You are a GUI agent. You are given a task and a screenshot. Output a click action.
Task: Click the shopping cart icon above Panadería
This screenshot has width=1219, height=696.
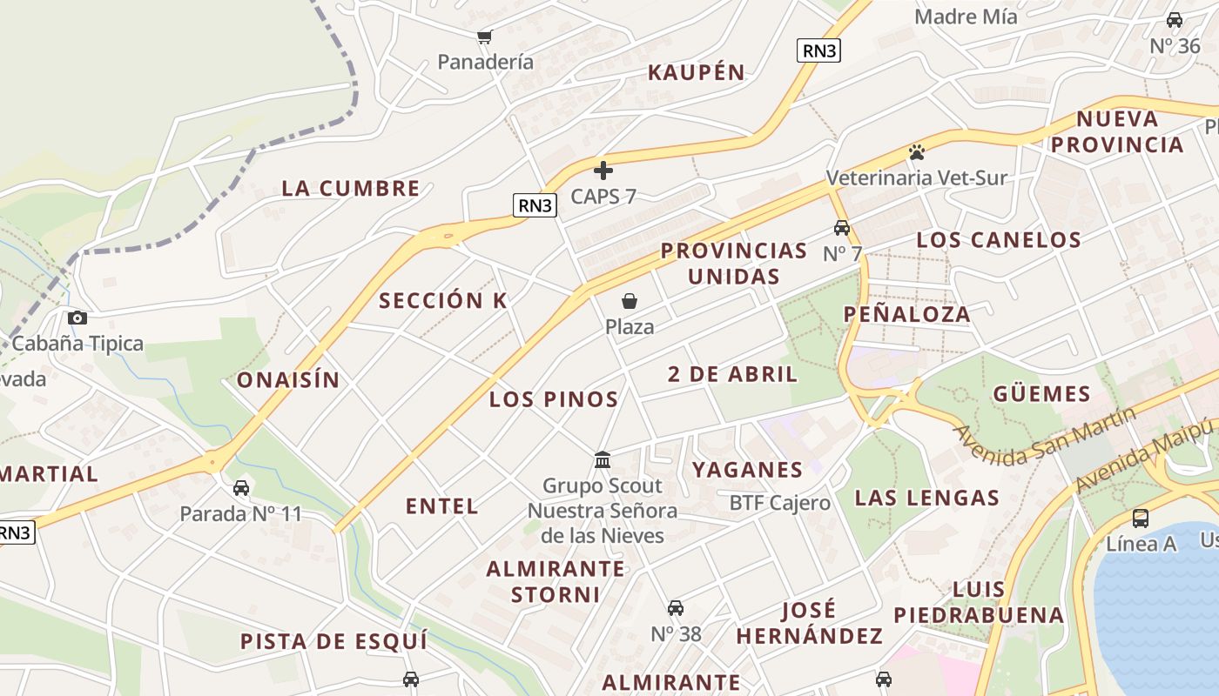coord(484,37)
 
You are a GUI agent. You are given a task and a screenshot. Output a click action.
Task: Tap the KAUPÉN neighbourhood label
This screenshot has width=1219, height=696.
coord(697,72)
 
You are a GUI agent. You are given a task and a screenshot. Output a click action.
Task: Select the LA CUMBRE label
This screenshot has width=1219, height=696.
coord(351,188)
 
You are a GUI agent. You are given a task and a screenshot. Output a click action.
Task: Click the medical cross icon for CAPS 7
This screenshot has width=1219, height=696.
coord(603,171)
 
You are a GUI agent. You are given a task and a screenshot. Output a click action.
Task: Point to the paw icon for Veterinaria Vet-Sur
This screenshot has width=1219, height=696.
coord(916,152)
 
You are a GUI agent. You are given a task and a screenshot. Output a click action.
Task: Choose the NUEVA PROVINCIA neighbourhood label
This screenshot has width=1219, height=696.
coord(1117,131)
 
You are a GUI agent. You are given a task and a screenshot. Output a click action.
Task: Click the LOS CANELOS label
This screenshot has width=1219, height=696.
coord(999,239)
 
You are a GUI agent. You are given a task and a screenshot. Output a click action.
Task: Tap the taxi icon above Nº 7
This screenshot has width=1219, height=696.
coord(841,228)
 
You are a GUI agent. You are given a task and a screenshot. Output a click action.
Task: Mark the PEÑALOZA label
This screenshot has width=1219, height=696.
coord(906,314)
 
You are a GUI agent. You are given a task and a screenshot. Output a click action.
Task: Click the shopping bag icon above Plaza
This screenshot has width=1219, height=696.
coord(629,301)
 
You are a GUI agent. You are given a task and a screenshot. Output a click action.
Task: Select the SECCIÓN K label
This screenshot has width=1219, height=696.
coord(443,300)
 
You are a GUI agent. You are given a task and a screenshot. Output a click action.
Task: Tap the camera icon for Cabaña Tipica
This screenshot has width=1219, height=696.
coord(77,318)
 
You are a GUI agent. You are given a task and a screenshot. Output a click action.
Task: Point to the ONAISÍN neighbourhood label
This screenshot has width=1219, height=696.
coord(288,379)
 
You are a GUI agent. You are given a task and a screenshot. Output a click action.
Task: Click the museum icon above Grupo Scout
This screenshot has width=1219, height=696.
coord(602,459)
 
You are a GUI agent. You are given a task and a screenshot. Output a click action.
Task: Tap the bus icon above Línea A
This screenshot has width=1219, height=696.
coord(1140,519)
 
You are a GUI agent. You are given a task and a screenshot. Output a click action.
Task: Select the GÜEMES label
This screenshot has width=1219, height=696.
coord(1041,393)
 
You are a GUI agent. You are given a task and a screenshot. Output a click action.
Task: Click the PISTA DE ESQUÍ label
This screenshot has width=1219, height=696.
coord(334,641)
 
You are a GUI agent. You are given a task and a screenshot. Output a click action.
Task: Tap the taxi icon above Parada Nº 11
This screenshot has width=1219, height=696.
coord(241,487)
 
